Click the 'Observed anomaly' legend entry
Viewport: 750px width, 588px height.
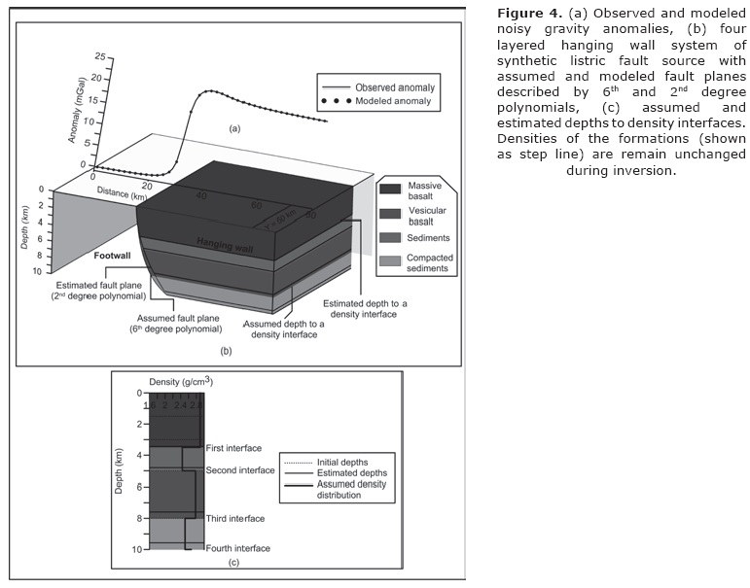click(x=394, y=87)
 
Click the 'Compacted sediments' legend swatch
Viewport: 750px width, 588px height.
click(x=391, y=260)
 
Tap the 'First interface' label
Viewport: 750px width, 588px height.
click(x=234, y=448)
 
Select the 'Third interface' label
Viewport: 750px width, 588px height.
click(x=235, y=519)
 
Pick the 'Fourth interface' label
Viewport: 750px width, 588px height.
click(x=237, y=548)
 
